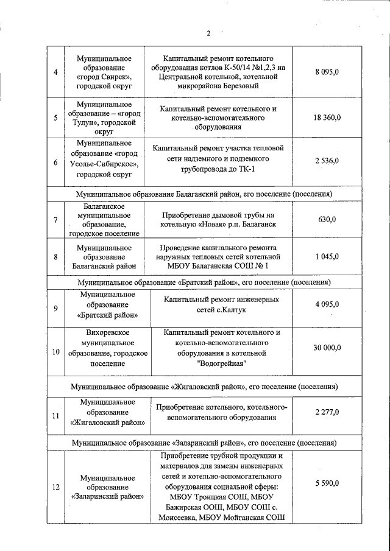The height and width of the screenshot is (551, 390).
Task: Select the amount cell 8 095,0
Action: coord(327,72)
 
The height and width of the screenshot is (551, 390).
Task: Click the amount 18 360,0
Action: coord(327,118)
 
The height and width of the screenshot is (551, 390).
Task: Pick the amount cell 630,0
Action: coord(327,219)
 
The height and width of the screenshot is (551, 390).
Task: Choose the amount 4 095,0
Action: coord(327,304)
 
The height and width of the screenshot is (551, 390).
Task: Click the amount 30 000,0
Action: coord(327,347)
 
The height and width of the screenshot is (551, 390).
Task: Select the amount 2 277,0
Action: coord(327,412)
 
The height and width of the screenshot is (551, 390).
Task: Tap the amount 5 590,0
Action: coord(327,483)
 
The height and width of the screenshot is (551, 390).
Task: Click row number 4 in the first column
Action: coord(55,72)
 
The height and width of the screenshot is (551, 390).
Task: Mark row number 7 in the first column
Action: coord(55,219)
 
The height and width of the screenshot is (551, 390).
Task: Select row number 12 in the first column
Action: coord(55,487)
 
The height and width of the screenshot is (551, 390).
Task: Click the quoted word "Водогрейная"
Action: coord(222,363)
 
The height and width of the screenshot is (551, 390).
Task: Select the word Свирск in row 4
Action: coord(116,77)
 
